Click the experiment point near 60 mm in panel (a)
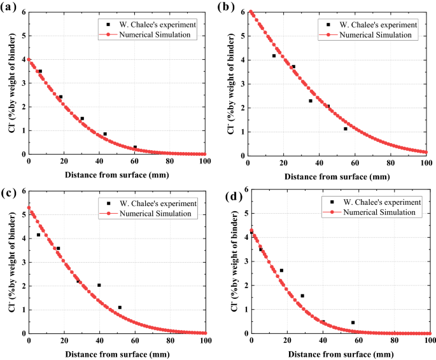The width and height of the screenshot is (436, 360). [135, 147]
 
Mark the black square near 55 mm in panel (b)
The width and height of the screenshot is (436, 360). [346, 128]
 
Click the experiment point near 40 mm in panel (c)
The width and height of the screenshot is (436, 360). [99, 285]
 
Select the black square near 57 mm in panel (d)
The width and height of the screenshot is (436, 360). [353, 322]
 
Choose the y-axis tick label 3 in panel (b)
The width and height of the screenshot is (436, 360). [243, 83]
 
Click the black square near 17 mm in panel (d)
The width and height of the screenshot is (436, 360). [281, 270]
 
